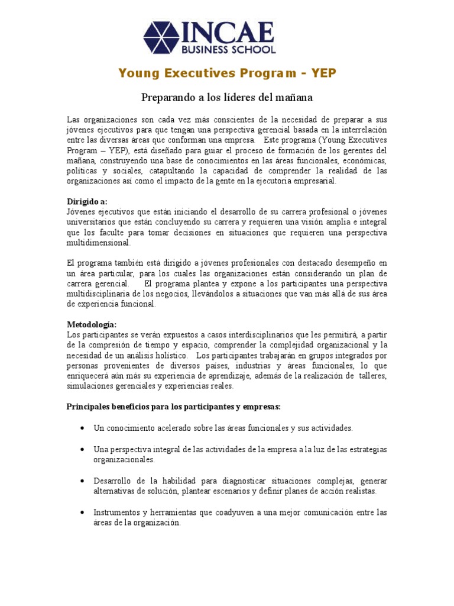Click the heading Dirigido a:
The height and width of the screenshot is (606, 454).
87,202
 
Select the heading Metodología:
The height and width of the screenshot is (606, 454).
92,325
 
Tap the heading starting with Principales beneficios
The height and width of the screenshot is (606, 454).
173,407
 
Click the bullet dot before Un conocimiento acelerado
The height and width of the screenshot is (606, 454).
81,428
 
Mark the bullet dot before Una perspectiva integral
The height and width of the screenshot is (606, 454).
81,450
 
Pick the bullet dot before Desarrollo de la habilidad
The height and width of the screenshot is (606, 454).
81,481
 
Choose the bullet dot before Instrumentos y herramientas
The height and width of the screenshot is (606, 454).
81,512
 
